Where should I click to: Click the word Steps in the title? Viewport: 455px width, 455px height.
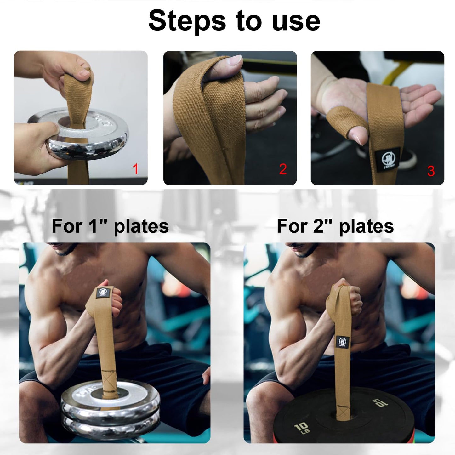point(187,21)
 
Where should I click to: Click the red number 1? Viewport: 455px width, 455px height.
point(136,169)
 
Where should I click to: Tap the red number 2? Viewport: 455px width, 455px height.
point(283,169)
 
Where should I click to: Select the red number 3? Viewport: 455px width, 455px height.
point(431,171)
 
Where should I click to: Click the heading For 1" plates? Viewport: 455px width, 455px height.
point(110,226)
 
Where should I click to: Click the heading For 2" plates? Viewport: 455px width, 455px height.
point(335,226)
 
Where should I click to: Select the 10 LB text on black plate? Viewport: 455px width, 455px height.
point(302,429)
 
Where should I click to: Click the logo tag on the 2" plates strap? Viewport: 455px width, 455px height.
point(342,341)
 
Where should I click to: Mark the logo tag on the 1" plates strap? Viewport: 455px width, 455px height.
point(103,292)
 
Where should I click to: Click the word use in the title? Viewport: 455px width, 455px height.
point(296,21)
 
